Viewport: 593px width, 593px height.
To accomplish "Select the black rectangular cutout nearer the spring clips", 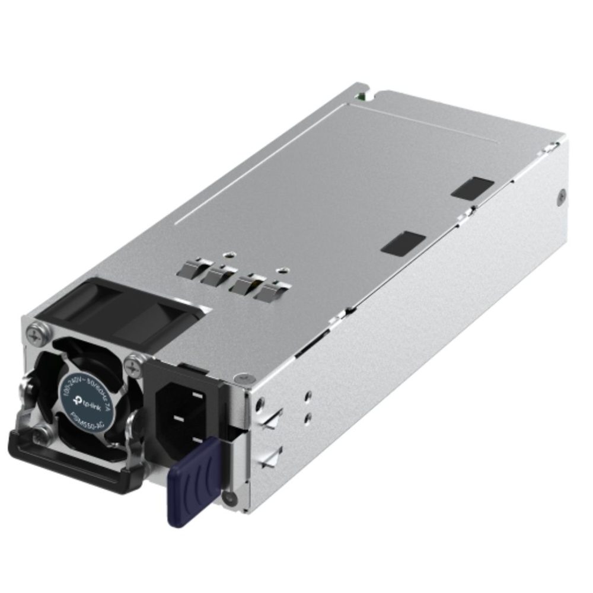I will pyautogui.click(x=403, y=243).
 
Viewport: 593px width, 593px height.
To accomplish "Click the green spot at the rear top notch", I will pyautogui.click(x=360, y=94).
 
